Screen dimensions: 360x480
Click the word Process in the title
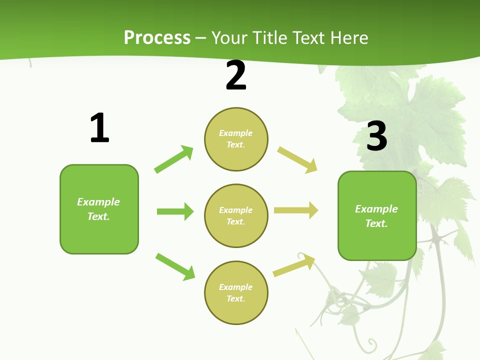(157, 38)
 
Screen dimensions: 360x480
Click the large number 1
(99, 128)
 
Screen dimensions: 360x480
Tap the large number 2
(236, 75)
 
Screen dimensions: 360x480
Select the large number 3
(376, 136)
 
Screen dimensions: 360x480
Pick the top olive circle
(236, 139)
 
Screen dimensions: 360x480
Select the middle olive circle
(236, 216)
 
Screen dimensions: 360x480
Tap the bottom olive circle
(236, 293)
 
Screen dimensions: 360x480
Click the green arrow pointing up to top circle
(173, 159)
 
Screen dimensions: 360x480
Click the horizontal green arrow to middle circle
(175, 211)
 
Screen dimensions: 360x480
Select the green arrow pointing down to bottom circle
(175, 266)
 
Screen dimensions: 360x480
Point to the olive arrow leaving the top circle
(297, 160)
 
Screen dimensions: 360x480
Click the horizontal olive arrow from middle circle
(296, 210)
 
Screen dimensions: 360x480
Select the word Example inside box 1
(98, 202)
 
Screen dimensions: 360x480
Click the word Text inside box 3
(376, 223)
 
